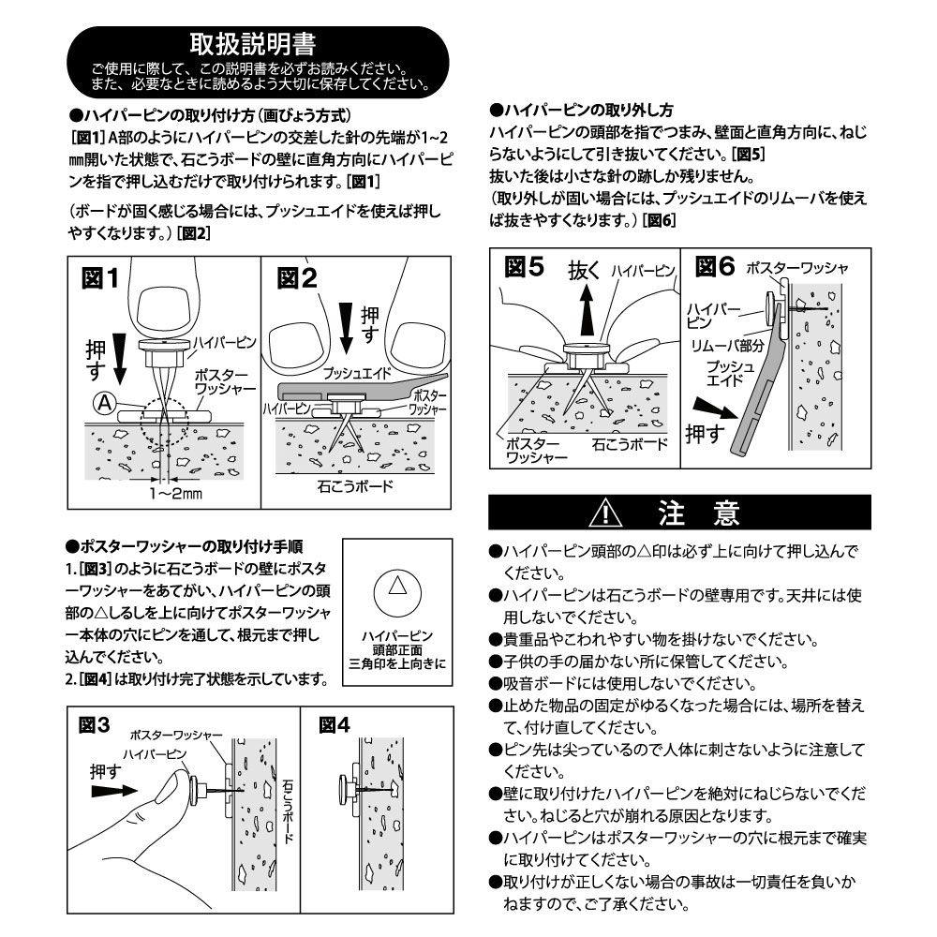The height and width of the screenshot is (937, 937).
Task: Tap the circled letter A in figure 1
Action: tap(104, 404)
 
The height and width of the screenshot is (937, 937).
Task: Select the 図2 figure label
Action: tap(297, 278)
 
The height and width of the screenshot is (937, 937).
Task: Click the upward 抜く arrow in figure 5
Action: tap(586, 310)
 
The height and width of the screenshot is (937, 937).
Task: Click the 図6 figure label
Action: tap(715, 267)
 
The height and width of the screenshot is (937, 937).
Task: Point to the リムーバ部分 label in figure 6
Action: tap(718, 344)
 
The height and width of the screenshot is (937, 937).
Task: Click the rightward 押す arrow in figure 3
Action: tap(113, 791)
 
